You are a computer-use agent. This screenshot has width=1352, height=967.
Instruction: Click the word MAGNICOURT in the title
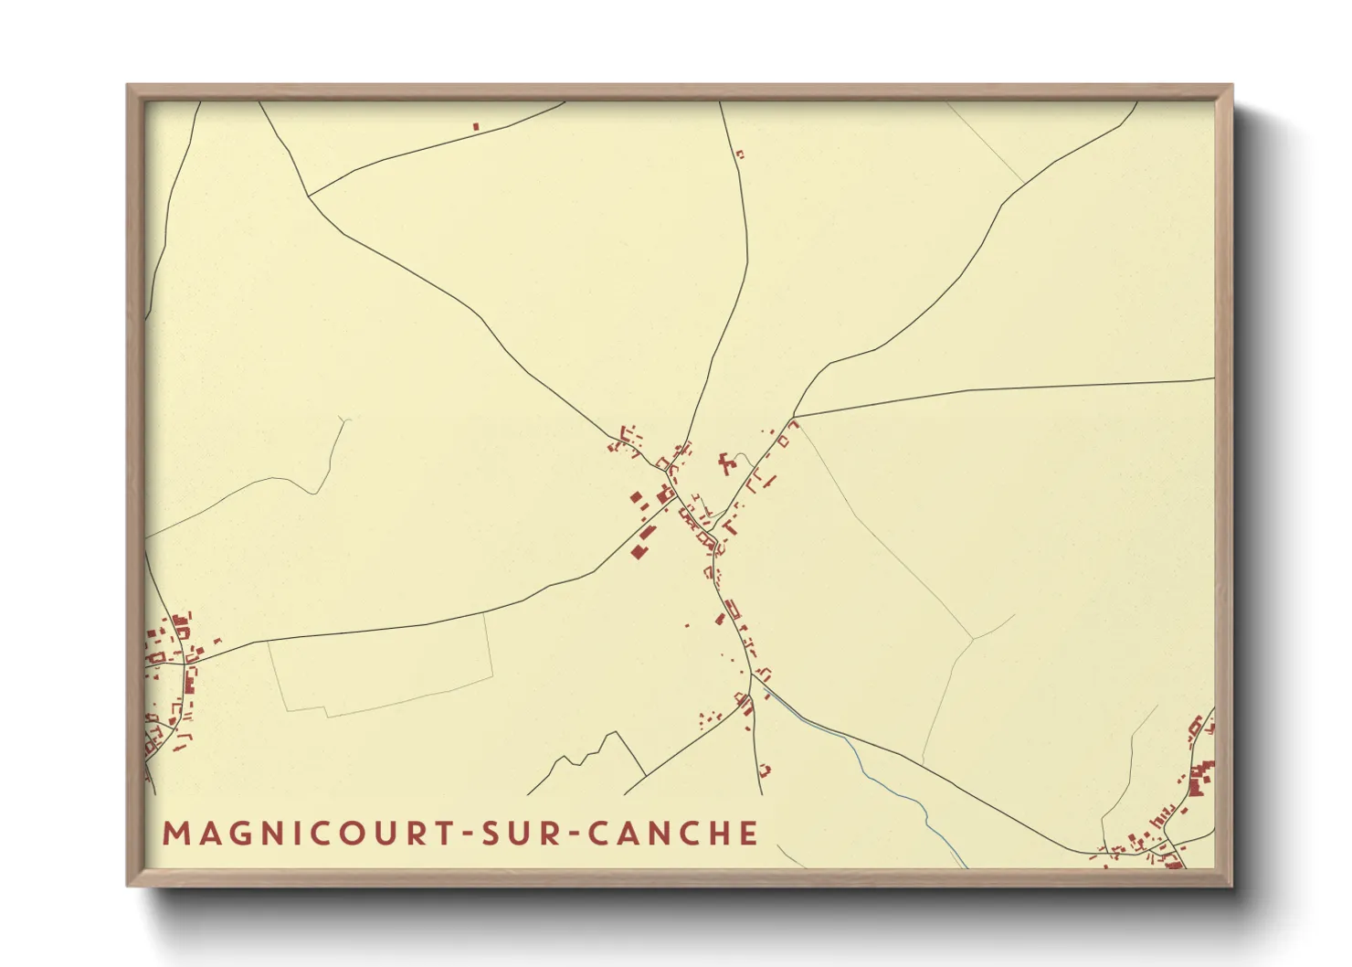click(306, 834)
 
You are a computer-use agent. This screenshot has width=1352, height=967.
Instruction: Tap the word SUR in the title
click(523, 834)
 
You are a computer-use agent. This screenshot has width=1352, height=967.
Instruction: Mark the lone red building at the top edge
click(476, 126)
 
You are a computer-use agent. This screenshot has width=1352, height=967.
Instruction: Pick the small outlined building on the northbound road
click(740, 154)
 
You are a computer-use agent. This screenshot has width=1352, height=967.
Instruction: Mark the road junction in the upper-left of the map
click(310, 196)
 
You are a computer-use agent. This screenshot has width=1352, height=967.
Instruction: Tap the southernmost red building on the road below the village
click(765, 770)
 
